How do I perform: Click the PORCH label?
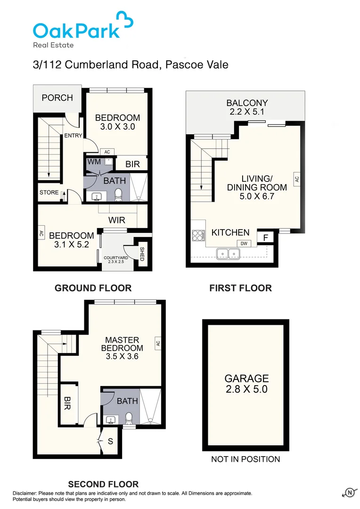57,98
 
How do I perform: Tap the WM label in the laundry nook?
92,162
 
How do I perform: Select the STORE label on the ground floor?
49,192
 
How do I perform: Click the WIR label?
116,220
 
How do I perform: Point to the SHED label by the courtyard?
142,254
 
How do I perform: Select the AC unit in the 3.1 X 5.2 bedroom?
41,233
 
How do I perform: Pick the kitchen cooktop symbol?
197,234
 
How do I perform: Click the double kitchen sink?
229,254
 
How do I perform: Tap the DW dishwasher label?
244,243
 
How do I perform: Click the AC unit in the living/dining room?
296,179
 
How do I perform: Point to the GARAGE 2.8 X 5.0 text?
246,384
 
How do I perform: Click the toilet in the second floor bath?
129,418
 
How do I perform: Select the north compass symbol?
350,492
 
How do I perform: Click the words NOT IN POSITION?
245,459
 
